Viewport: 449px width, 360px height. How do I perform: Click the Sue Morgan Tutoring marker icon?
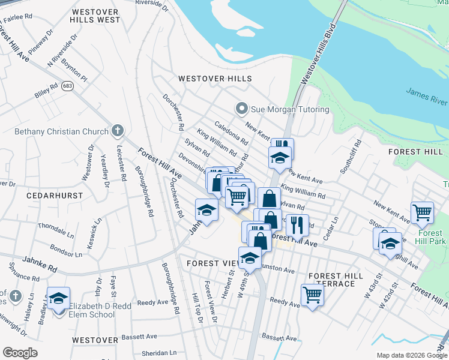[241, 109]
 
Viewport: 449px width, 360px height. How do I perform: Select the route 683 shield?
[67, 86]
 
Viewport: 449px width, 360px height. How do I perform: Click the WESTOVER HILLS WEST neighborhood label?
[95, 16]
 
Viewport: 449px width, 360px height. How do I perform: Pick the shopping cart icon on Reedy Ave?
[312, 294]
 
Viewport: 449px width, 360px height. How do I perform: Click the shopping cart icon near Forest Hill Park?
[422, 212]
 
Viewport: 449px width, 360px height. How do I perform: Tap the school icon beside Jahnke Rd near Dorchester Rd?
[206, 211]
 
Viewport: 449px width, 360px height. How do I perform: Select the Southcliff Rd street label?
[351, 158]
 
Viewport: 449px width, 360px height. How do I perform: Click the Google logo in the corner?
[20, 353]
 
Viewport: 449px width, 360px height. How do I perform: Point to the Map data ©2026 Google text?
[411, 355]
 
